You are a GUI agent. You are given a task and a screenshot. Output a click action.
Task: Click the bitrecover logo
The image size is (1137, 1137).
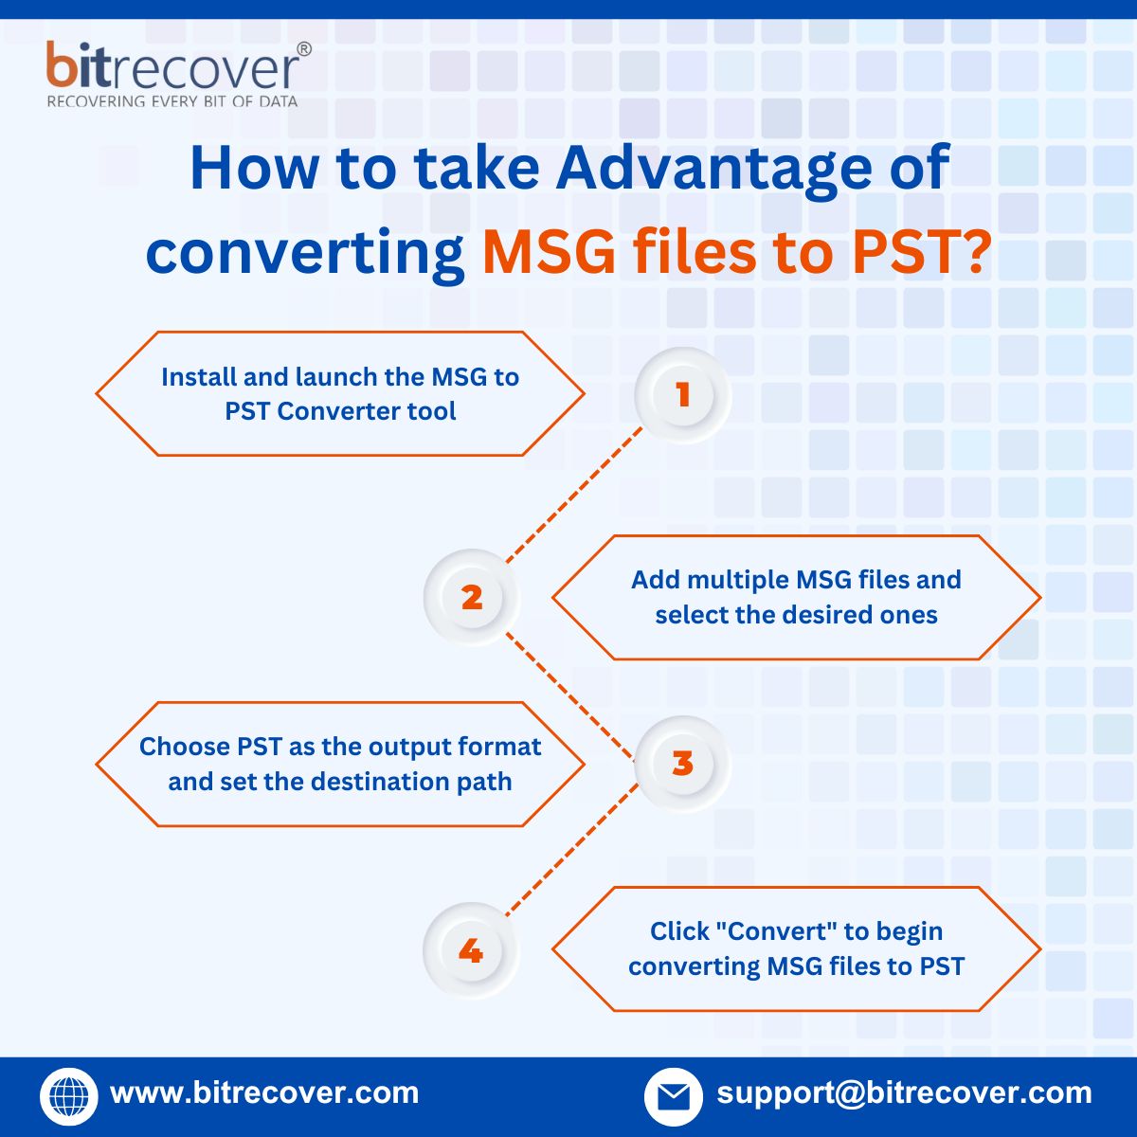(176, 68)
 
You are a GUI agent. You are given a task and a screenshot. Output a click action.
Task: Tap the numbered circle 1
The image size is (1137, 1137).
(682, 395)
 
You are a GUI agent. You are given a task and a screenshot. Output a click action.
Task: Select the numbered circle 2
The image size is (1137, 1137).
(472, 598)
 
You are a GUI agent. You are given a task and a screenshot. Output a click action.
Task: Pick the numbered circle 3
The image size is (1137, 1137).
(682, 764)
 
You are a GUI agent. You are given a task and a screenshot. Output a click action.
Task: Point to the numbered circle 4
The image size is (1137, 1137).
(471, 950)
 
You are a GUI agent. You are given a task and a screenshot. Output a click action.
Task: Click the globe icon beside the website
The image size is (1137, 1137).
(68, 1096)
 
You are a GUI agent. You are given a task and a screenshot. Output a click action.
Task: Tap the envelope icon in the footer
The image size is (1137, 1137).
(673, 1096)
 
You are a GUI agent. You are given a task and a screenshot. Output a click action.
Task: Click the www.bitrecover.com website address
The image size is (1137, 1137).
(264, 1092)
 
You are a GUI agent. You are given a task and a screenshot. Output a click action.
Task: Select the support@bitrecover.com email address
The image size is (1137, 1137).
(904, 1092)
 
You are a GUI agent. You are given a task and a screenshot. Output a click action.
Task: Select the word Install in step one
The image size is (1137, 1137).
(198, 377)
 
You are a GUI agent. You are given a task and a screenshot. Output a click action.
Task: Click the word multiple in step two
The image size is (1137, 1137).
(738, 580)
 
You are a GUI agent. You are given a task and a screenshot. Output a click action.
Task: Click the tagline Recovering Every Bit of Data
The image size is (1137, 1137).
(172, 101)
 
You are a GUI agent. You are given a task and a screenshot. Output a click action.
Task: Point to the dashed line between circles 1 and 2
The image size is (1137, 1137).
(575, 495)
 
